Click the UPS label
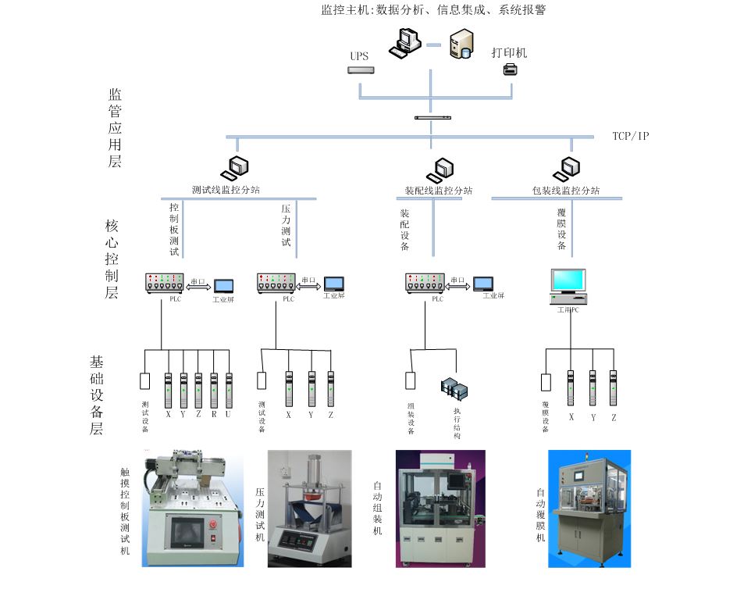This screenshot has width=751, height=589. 359,56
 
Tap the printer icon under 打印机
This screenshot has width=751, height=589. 510,70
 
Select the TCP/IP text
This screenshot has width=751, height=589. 631,136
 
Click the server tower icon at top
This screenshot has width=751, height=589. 460,44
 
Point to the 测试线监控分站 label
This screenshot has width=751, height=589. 226,191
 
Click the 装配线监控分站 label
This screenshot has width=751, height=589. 439,191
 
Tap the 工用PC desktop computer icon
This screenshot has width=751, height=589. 568,287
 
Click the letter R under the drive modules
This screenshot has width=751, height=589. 213,415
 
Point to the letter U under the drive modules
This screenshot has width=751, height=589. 229,415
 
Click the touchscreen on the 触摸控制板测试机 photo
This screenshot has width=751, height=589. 189,534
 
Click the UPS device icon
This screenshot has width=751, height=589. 361,70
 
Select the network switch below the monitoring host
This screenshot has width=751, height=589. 433,117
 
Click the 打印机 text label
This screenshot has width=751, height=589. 509,53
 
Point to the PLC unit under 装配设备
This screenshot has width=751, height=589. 425,282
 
